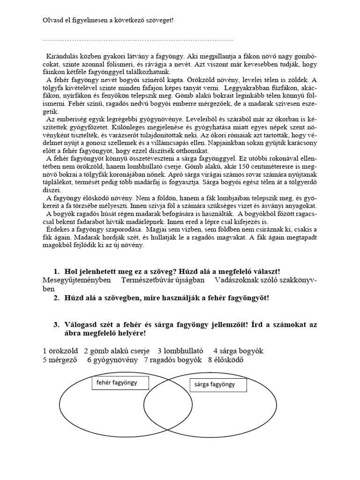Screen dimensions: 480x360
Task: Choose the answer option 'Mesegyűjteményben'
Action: (76, 280)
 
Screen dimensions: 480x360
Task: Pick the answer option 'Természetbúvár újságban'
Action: (163, 280)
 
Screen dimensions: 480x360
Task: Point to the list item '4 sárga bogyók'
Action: (238, 351)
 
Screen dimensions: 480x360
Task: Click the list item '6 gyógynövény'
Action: (112, 360)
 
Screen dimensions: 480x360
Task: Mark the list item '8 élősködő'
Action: (226, 360)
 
